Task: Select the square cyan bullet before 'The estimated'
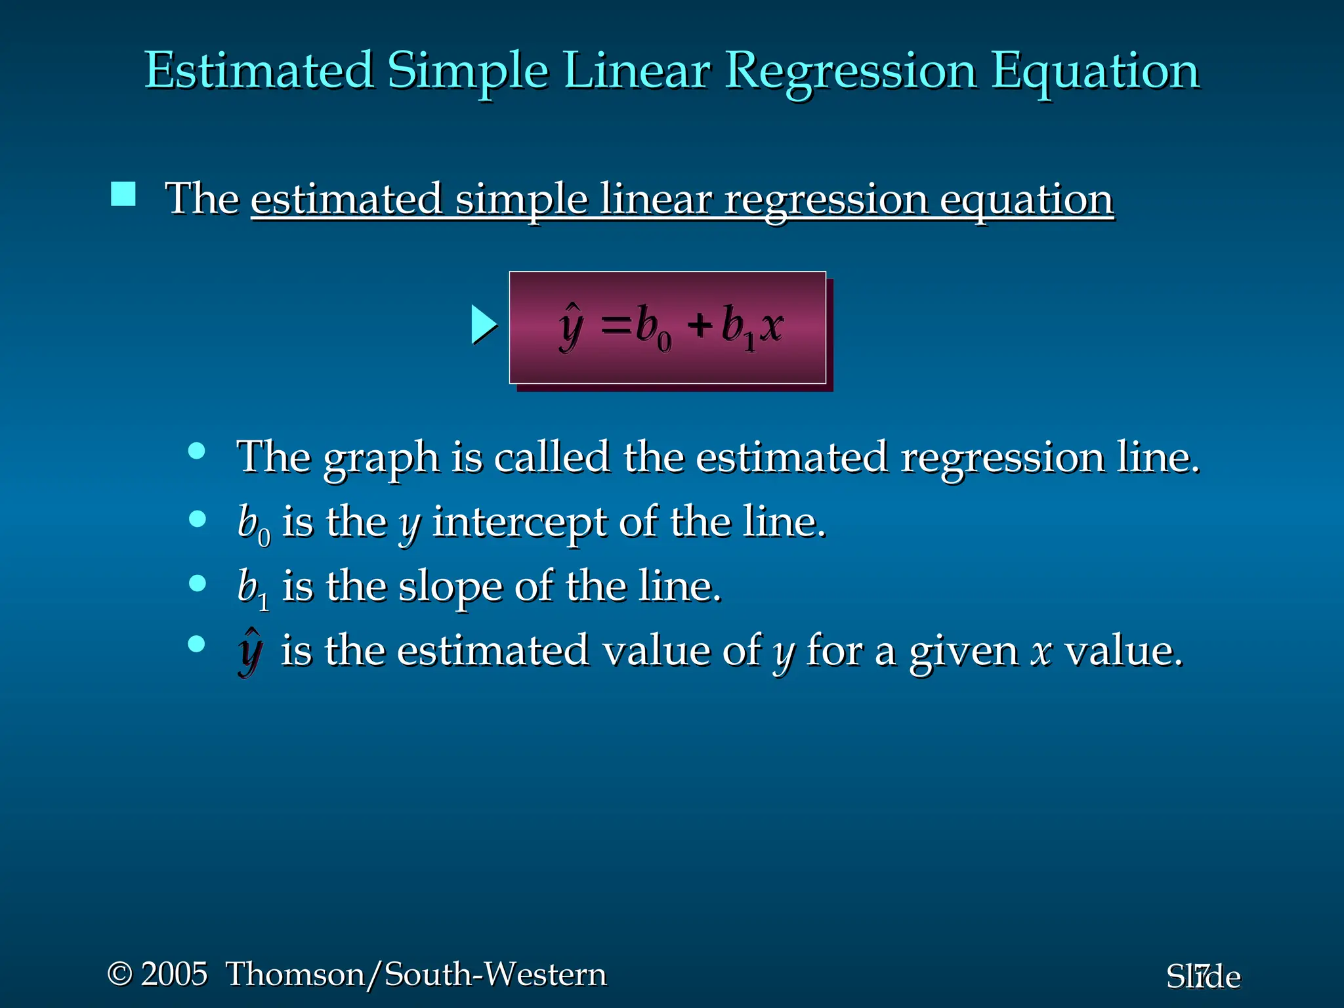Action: [123, 194]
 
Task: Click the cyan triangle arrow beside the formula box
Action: [484, 325]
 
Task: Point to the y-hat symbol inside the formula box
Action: [570, 326]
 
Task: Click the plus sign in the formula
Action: [700, 325]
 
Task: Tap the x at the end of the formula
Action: [772, 325]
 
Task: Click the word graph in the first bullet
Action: [381, 458]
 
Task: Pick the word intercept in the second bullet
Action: [518, 522]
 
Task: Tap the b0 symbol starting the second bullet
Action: [253, 524]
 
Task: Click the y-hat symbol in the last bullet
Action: [250, 651]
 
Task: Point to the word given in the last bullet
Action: [963, 652]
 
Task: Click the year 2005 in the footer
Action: [174, 973]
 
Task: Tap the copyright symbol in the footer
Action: [120, 974]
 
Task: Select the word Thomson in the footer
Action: [295, 974]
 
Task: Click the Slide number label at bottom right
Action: [1203, 976]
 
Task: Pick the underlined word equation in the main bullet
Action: [1026, 199]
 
